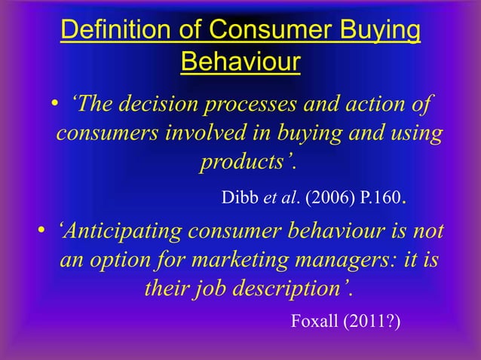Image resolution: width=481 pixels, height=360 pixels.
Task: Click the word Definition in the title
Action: (x=103, y=32)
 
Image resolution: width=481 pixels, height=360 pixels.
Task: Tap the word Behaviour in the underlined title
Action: (x=240, y=62)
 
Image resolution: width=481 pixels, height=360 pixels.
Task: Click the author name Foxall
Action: (x=314, y=322)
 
